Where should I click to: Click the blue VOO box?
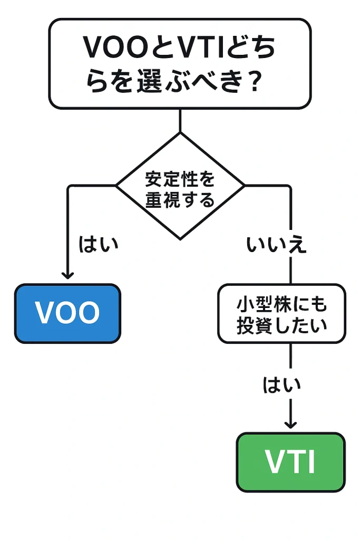click(67, 313)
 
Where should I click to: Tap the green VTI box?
click(290, 462)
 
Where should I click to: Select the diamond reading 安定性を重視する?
click(180, 186)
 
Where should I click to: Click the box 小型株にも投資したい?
click(281, 313)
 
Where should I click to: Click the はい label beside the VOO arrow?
click(99, 244)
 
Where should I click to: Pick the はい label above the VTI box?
click(281, 385)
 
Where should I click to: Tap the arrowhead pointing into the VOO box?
click(67, 274)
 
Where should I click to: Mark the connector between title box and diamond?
click(180, 120)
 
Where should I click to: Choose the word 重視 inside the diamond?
click(162, 200)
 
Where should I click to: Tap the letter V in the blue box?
click(45, 313)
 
